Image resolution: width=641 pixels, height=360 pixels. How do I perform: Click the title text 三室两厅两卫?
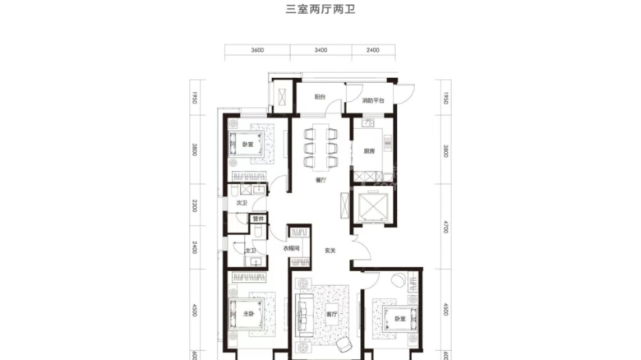(320, 12)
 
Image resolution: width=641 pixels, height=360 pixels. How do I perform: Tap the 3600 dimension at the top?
(256, 50)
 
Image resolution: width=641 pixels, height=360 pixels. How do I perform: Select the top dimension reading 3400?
(320, 50)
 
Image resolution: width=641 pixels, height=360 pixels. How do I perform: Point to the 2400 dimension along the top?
(372, 50)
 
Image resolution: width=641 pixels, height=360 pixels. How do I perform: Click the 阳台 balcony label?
(320, 99)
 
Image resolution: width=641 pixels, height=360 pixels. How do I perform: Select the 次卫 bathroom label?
(242, 202)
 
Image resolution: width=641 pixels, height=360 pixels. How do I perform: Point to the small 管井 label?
(258, 219)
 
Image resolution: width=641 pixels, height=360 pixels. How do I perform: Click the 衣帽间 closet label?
(291, 249)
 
